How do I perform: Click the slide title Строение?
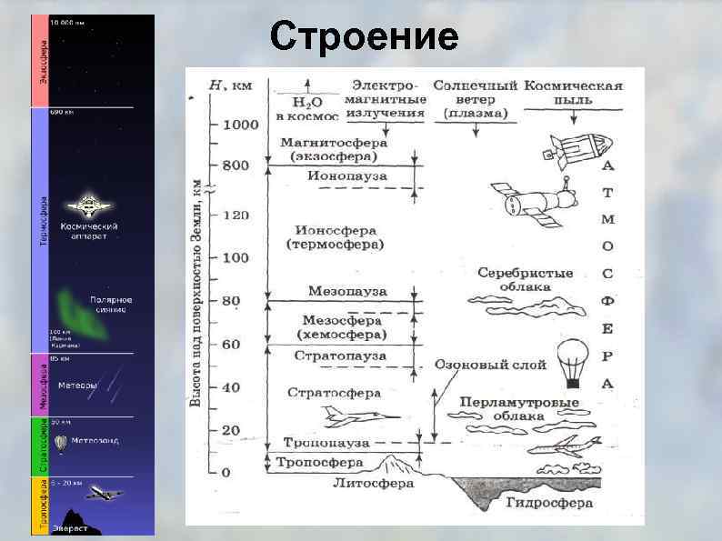(365, 37)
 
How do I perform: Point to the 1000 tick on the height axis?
(216, 125)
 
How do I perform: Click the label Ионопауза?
(347, 175)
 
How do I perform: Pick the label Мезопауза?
(347, 291)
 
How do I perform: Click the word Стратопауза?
(343, 356)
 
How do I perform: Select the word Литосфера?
(373, 483)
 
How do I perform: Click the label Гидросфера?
(549, 502)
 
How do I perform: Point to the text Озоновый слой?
(490, 365)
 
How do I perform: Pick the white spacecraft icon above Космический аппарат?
(88, 205)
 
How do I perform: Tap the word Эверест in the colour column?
(70, 528)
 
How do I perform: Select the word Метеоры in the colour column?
(77, 386)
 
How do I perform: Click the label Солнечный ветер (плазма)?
(476, 99)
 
